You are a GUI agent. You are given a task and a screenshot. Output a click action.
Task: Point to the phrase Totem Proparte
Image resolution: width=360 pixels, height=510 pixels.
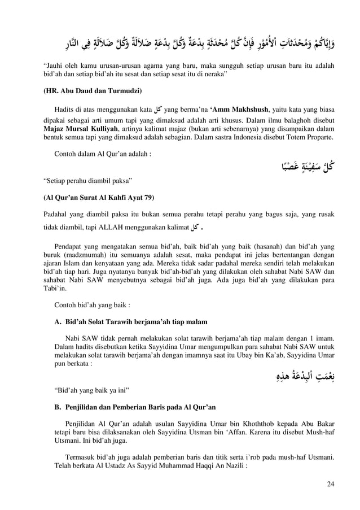(x=306, y=137)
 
